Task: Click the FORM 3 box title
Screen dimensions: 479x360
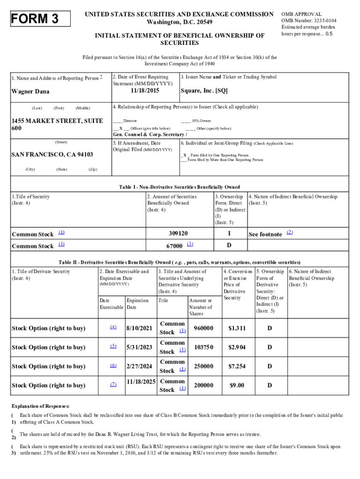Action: pos(41,19)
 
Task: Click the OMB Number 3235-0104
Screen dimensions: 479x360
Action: pos(309,21)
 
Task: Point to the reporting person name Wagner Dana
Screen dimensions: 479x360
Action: pos(30,92)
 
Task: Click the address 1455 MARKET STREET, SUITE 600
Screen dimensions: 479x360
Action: pos(57,124)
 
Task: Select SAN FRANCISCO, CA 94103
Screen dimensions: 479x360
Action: pos(52,154)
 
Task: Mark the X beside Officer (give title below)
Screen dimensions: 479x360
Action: pos(121,128)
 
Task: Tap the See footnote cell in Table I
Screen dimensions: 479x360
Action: pos(265,234)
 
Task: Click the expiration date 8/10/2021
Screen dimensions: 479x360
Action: pos(139,328)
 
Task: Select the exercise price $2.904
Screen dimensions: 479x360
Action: pos(237,348)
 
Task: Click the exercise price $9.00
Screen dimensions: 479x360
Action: pos(237,385)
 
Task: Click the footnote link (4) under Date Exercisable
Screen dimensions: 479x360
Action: pos(113,327)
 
